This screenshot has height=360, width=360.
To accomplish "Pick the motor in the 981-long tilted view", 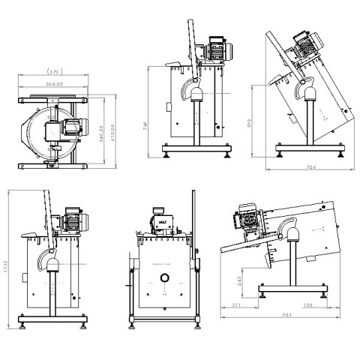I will point(247,217).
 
